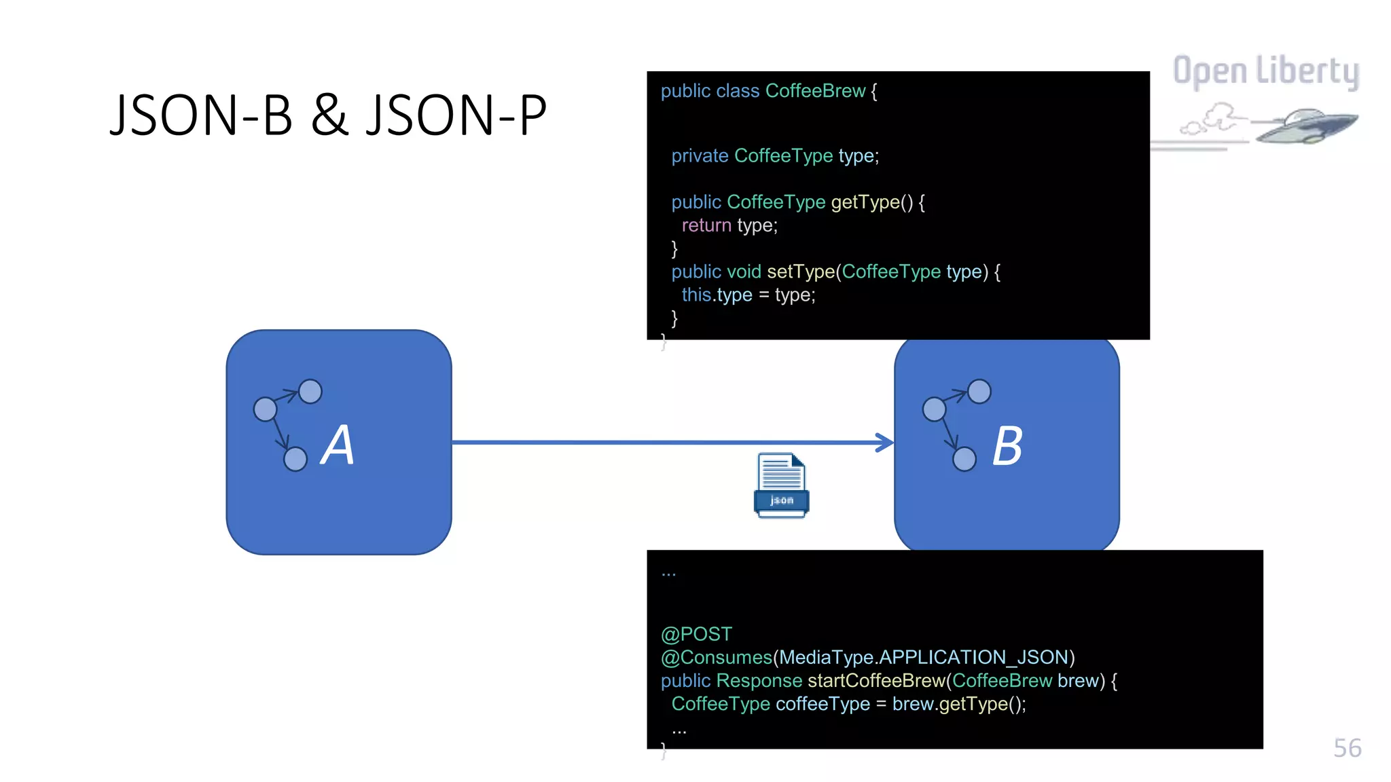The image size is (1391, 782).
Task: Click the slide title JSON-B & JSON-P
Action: point(328,115)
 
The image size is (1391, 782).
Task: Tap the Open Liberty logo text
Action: point(1265,71)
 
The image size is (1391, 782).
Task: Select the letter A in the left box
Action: point(338,445)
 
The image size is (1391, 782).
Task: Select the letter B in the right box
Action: point(1007,447)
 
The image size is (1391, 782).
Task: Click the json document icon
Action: point(781,485)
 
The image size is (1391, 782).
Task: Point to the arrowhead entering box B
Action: point(886,443)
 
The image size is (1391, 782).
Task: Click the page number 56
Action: point(1347,748)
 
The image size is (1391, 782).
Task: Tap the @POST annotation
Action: point(696,634)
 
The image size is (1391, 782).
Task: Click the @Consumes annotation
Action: point(716,657)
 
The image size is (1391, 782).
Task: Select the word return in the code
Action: point(706,225)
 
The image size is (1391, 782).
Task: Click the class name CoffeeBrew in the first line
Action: point(815,91)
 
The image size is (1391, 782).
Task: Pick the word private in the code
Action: point(700,156)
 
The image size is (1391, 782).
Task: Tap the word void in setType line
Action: point(744,272)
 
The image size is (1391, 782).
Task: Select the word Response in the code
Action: point(759,680)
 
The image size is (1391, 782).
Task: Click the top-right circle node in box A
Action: point(310,392)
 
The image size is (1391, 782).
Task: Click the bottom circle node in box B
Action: point(964,460)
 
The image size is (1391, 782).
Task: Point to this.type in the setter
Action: point(717,295)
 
